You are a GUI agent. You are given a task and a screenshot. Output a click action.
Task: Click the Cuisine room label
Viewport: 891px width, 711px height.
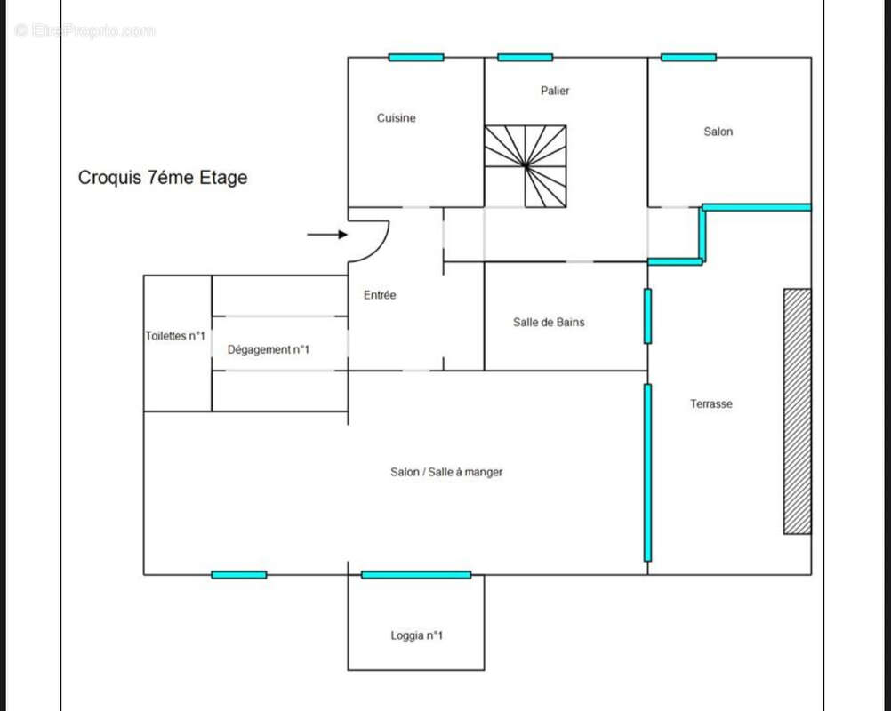click(x=396, y=118)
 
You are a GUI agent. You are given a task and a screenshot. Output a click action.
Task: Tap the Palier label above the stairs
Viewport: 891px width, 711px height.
click(x=555, y=91)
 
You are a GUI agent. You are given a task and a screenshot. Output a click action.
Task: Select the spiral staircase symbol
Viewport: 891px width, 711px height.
click(x=526, y=165)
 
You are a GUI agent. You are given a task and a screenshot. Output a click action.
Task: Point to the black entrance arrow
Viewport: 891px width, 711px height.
click(x=327, y=235)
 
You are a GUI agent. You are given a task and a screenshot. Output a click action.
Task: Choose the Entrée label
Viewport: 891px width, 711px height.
click(x=380, y=295)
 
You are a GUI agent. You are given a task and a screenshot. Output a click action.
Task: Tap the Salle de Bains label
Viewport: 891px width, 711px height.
click(x=549, y=323)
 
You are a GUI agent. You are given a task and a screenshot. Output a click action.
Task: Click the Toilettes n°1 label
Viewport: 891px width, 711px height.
click(x=175, y=336)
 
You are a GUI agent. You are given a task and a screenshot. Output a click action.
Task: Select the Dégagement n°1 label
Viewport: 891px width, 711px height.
click(x=268, y=350)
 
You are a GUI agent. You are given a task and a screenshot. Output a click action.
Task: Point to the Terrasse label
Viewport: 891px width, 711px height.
click(x=711, y=404)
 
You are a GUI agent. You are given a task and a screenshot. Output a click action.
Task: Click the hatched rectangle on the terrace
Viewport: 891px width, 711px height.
click(x=797, y=411)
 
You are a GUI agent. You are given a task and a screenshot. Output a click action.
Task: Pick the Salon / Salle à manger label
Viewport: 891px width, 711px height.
click(x=446, y=472)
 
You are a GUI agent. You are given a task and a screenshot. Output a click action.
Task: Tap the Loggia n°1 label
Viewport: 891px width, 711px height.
click(x=417, y=635)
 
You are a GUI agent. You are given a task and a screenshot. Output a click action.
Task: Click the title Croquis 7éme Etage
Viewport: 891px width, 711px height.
click(x=163, y=178)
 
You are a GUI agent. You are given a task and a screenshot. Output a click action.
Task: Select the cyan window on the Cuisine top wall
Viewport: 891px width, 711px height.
click(x=416, y=58)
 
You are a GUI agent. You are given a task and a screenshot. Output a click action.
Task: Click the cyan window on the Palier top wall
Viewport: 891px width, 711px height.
click(x=525, y=58)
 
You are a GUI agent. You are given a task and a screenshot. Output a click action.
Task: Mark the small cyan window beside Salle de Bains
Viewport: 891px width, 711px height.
click(x=647, y=316)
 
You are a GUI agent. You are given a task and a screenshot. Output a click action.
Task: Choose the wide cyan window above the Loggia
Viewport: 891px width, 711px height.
click(x=416, y=575)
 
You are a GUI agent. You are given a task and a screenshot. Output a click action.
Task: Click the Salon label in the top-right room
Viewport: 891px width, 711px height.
click(x=718, y=132)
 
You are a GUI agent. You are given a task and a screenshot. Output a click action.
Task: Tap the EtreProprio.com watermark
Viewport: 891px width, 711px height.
click(x=85, y=31)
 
